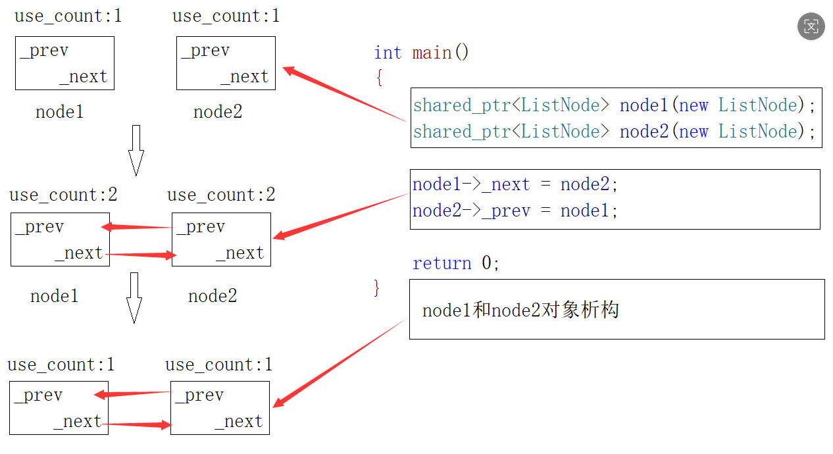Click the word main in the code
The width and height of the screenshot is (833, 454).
432,53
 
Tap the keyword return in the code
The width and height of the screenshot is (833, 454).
442,263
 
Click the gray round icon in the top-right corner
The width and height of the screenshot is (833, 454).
811,27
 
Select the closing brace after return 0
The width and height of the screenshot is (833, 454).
377,288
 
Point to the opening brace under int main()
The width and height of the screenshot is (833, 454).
379,78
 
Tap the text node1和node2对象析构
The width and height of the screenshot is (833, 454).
520,310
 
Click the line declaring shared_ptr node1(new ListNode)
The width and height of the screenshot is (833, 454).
614,105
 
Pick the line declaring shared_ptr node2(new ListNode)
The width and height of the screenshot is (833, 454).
614,132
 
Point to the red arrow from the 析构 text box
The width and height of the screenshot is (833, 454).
339,363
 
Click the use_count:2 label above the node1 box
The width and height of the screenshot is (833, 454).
63,195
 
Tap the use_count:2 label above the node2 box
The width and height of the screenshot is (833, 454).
221,195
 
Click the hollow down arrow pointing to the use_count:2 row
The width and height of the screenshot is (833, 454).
136,150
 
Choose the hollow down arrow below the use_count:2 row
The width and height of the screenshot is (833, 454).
134,297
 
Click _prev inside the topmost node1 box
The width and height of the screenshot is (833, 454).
44,51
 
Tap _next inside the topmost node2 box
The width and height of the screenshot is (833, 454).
244,77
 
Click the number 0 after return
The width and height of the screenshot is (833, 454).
487,263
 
